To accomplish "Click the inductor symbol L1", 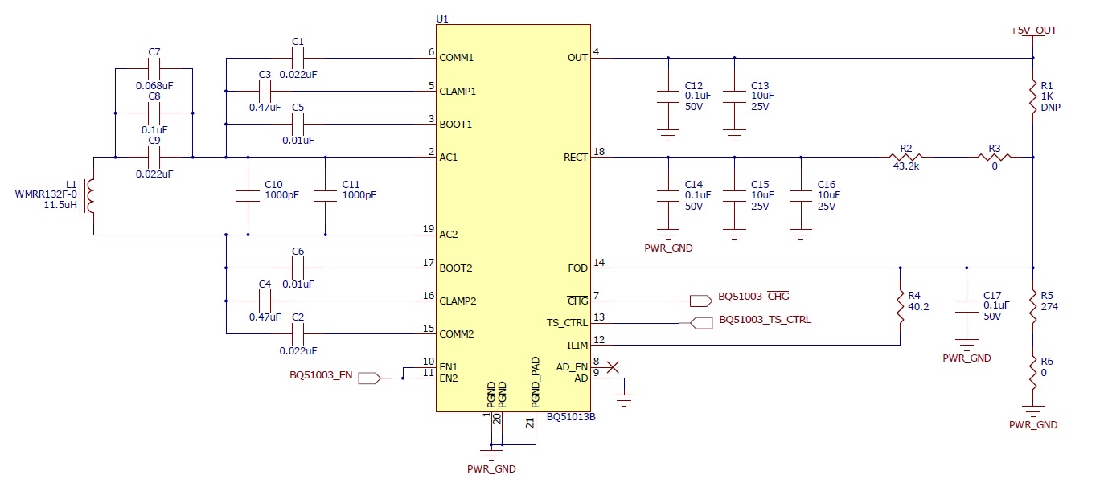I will click(92, 196).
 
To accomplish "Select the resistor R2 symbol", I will click(907, 158).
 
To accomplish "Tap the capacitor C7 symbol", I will click(155, 68).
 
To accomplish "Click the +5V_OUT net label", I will click(1033, 31).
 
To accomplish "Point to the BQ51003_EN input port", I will click(368, 377).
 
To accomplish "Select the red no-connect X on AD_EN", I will click(613, 367).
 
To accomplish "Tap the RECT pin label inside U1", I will click(576, 158).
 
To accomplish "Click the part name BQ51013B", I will click(571, 418).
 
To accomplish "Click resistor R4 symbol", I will click(900, 306).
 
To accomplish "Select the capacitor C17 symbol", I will click(967, 306).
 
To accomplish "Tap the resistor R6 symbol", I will click(1033, 372).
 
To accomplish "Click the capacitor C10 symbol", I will click(248, 195).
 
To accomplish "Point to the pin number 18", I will click(598, 152).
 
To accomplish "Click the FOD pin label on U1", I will click(578, 268).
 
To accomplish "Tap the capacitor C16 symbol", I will click(800, 195).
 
